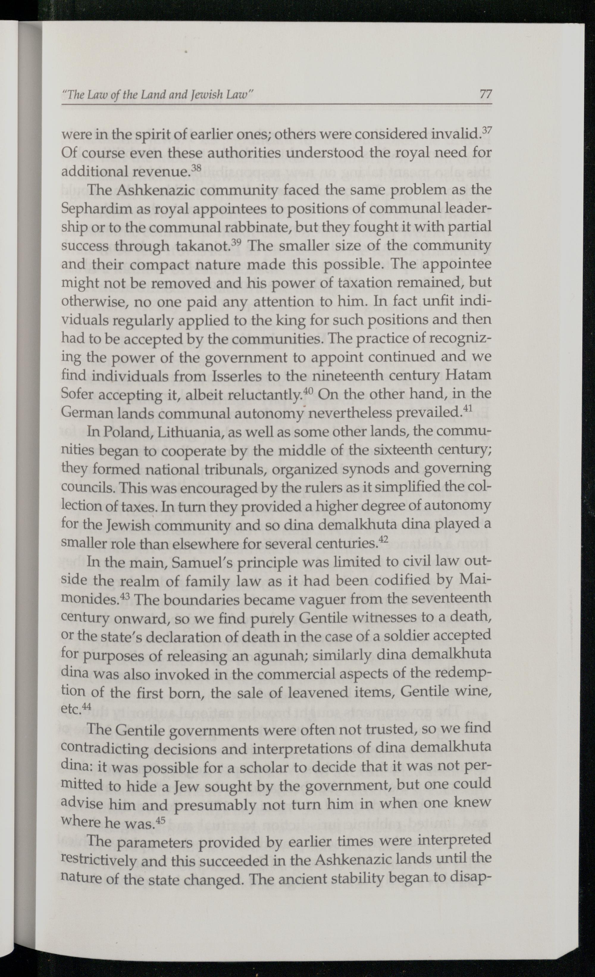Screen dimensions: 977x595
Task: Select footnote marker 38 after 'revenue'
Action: point(196,168)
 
